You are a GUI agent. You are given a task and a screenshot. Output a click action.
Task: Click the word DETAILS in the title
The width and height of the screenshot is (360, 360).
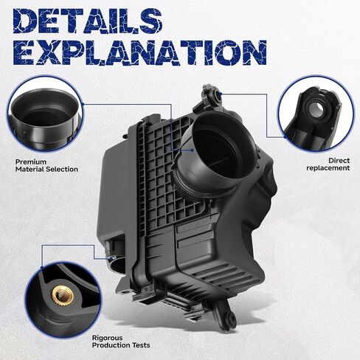87,21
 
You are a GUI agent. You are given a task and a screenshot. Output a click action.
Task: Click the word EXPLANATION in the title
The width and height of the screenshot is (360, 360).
140,53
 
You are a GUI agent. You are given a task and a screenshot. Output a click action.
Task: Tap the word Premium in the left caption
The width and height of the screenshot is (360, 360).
31,162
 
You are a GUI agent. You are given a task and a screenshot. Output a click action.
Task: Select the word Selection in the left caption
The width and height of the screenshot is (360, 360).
62,169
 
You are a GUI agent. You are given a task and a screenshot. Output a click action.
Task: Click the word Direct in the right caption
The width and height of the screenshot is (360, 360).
339,161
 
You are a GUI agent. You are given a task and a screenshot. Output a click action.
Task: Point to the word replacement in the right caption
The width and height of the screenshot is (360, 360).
328,168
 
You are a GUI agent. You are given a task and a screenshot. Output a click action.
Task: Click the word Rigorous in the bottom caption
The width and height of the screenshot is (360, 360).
107,338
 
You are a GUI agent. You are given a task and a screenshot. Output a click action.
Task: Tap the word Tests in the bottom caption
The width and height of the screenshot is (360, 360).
141,345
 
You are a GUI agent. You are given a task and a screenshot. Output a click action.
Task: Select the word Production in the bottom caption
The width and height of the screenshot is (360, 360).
111,345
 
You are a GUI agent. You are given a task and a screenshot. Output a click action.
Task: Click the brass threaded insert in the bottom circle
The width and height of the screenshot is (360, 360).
61,295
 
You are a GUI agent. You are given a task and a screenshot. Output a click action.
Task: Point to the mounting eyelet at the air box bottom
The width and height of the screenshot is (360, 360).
231,319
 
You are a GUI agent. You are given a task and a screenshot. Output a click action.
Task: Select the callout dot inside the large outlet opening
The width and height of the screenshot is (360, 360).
192,150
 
